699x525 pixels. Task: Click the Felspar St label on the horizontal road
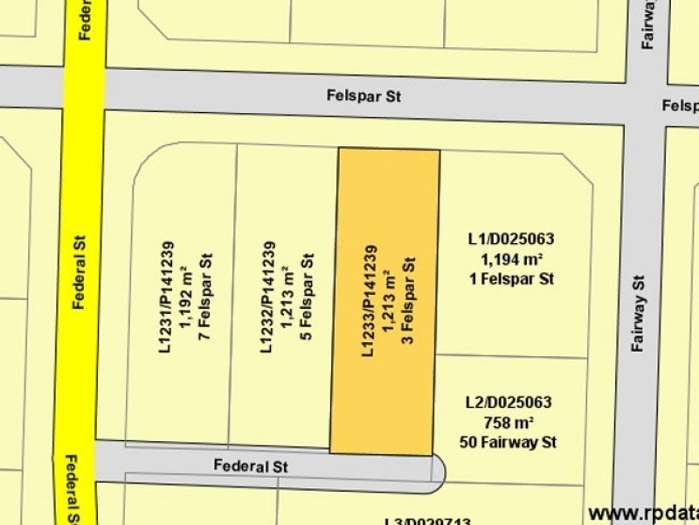tap(364, 96)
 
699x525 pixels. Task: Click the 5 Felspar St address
tap(306, 298)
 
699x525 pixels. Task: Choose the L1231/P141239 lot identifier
tap(166, 298)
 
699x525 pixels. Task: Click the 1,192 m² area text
tap(185, 298)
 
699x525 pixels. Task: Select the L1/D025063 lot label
tap(511, 239)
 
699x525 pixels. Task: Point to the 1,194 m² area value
tap(512, 259)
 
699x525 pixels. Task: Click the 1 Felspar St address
tap(512, 279)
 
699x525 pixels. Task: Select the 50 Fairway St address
tap(511, 443)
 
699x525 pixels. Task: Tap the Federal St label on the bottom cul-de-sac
tap(251, 466)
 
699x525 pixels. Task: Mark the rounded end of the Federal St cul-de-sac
tap(437, 469)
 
